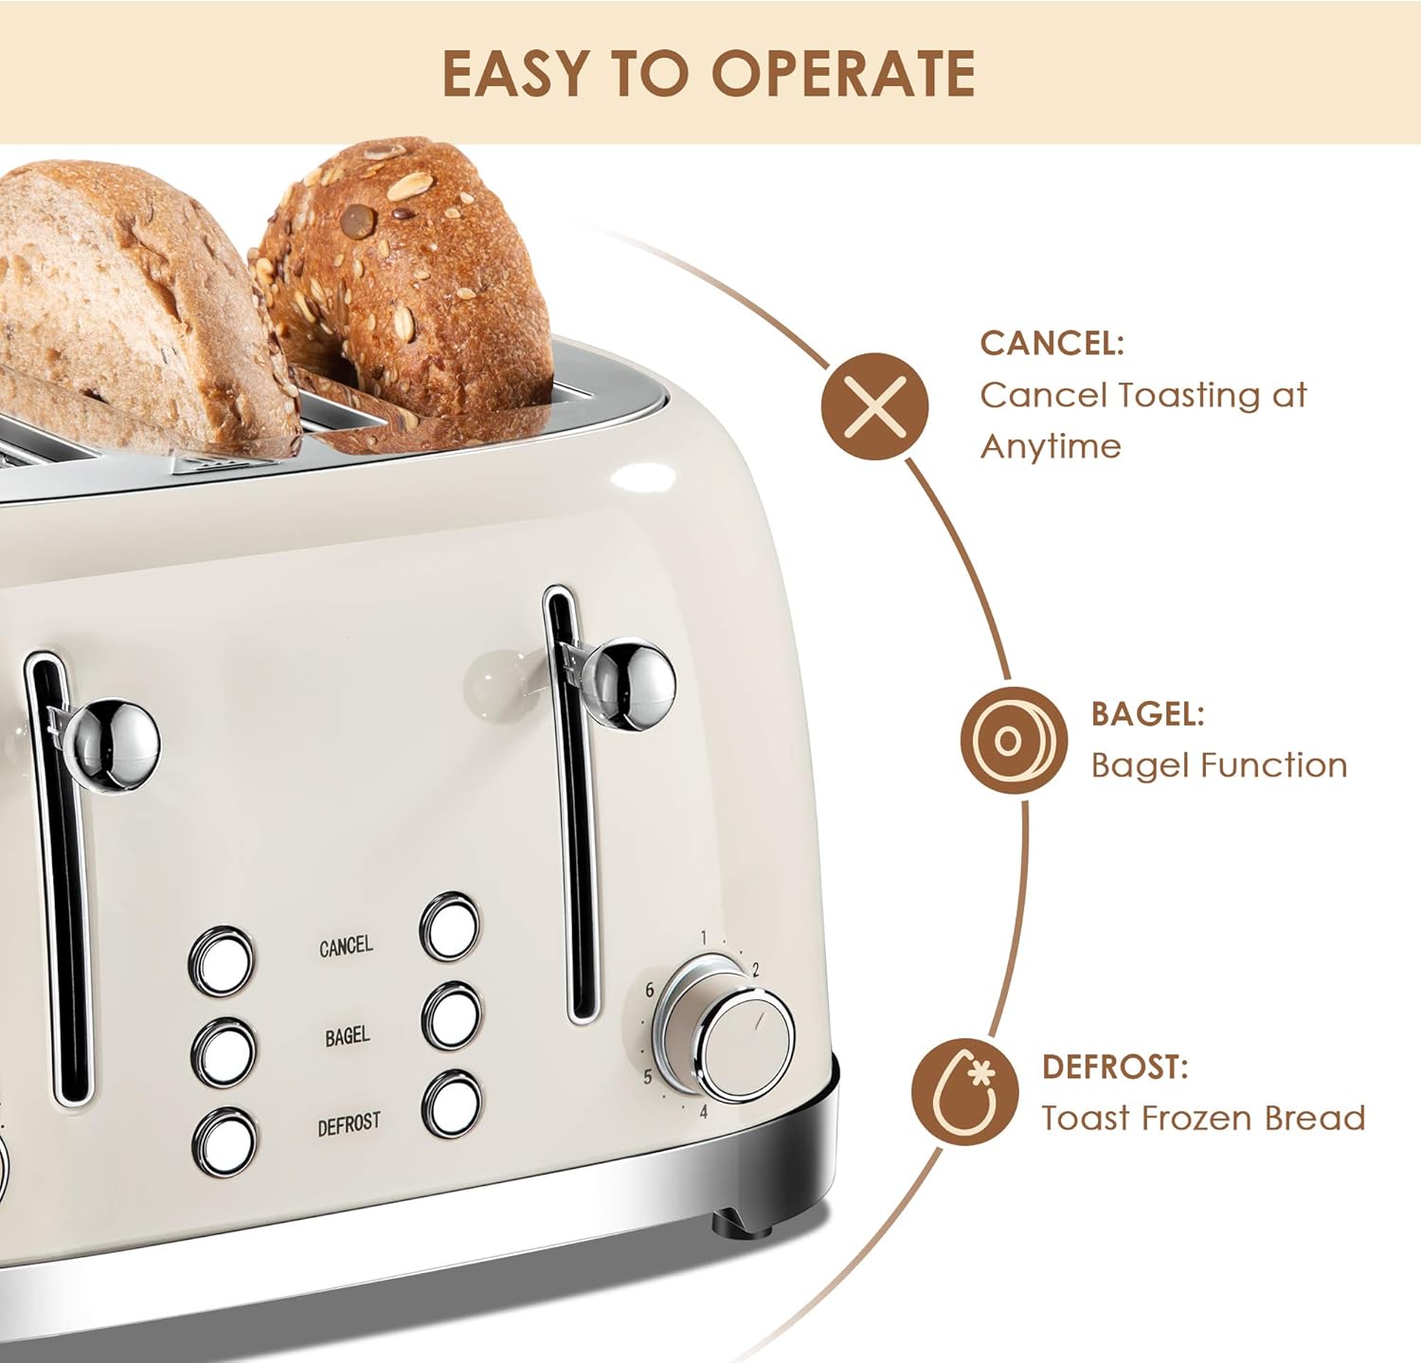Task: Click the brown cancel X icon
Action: pos(874,406)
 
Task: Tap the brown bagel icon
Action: pos(1013,740)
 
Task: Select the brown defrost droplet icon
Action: pos(965,1091)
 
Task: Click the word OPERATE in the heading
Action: pos(843,74)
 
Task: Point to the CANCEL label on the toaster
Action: pos(346,946)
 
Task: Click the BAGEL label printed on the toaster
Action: pos(347,1036)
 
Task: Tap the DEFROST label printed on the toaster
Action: pos(349,1124)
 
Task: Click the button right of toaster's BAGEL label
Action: pos(451,1016)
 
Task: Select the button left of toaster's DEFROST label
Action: pos(225,1142)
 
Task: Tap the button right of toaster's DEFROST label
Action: pos(452,1104)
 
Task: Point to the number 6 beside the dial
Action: pos(649,990)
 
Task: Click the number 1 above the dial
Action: pos(703,938)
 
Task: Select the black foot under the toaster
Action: pos(745,1221)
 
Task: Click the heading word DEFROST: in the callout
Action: pos(1115,1067)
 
